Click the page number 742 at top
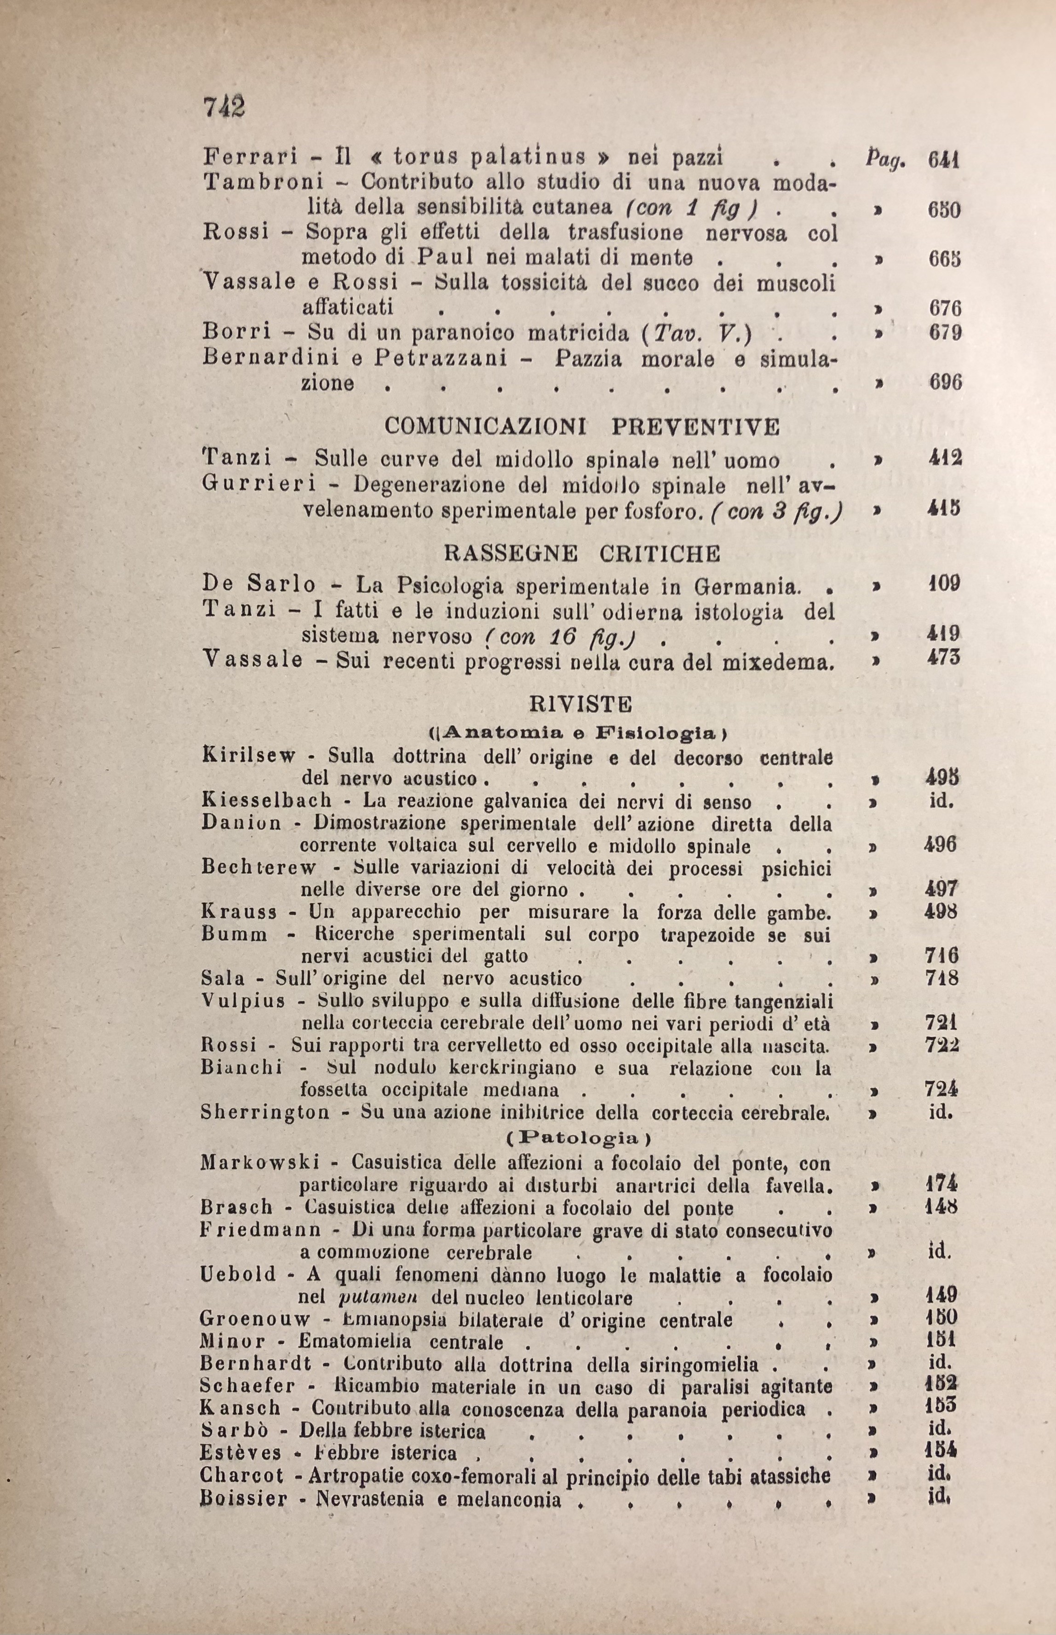pos(224,107)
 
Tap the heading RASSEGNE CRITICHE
pos(582,553)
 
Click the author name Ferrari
pos(250,158)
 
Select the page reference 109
pos(944,584)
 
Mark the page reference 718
pos(941,978)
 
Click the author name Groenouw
pos(255,1319)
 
